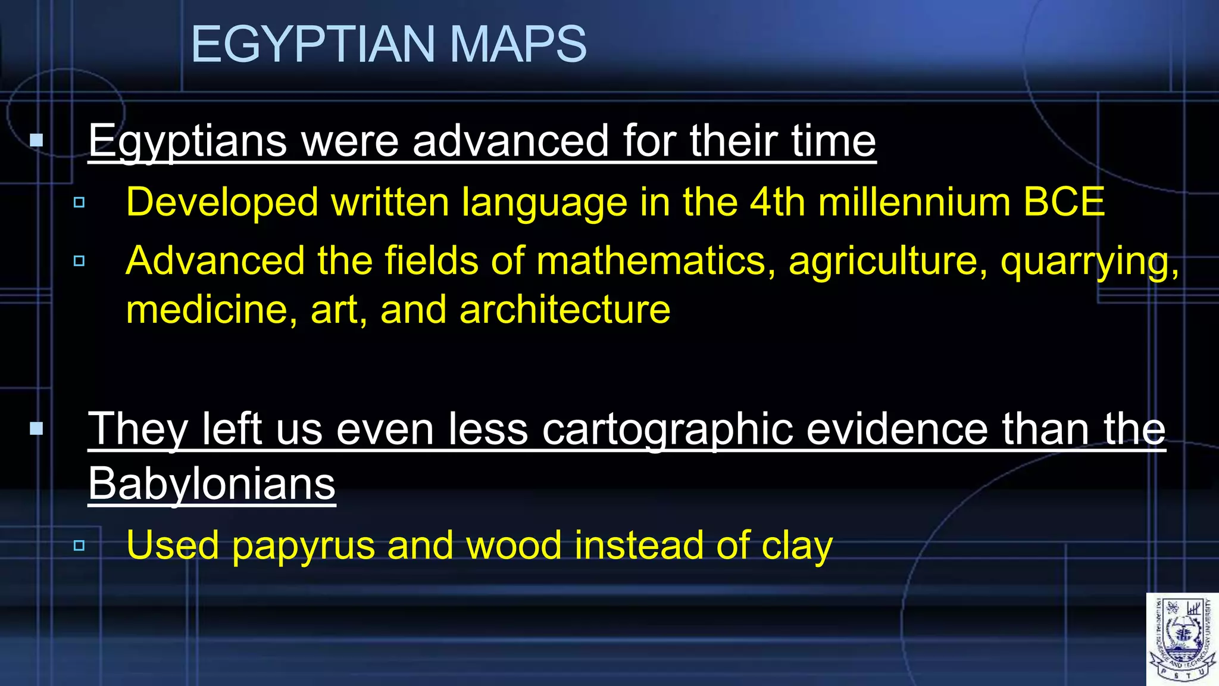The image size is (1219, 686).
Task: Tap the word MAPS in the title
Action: coord(517,45)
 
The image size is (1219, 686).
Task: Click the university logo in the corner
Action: coord(1182,639)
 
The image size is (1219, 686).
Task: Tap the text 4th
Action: coord(777,202)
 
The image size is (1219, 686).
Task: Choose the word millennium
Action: coord(914,202)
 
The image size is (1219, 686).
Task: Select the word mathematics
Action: coord(651,261)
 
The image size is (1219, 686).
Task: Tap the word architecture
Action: coord(564,310)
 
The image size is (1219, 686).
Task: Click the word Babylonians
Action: coord(212,484)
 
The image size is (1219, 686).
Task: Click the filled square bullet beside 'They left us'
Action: coord(37,428)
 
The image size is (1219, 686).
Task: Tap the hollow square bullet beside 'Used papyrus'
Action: coord(79,545)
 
